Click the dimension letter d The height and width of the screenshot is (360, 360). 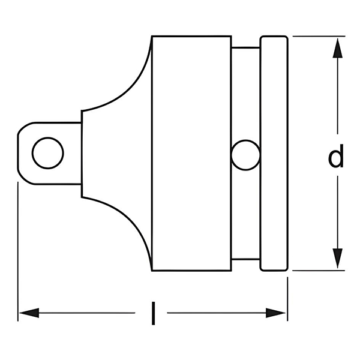pos(337,157)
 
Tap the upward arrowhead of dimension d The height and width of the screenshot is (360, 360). pos(338,47)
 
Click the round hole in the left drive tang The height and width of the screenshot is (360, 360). pos(48,153)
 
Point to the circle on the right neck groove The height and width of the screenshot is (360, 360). pos(246,154)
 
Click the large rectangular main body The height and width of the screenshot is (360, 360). pos(191,153)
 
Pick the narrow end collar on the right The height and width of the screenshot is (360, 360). pos(274,153)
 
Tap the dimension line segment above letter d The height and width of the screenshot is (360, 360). pos(338,96)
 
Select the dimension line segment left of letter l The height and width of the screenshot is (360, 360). pos(84,313)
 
